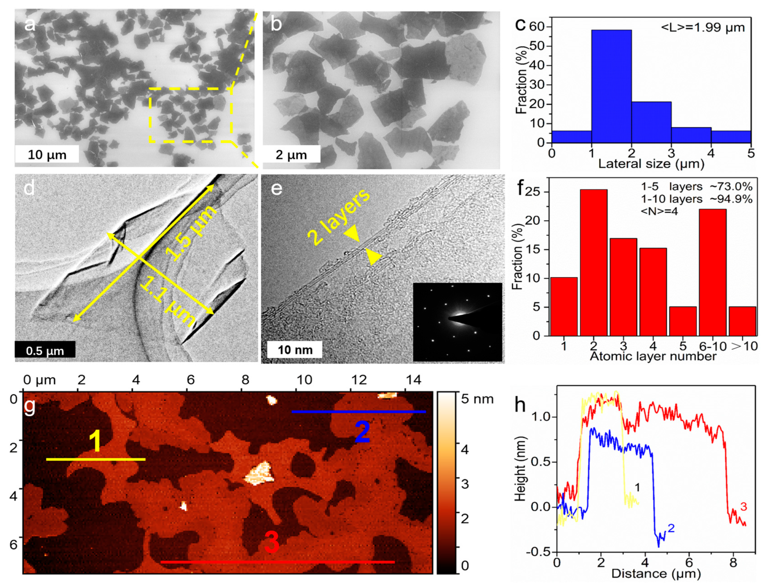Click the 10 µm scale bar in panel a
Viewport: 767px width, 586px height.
[x=47, y=154]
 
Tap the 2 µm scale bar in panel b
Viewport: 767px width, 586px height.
[x=291, y=154]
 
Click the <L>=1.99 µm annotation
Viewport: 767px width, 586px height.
[x=702, y=27]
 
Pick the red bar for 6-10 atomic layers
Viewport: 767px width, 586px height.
[x=713, y=272]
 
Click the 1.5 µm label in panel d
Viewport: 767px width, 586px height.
[x=191, y=233]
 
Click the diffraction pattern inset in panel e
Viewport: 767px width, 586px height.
[x=457, y=322]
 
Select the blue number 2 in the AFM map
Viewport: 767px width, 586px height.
[x=362, y=432]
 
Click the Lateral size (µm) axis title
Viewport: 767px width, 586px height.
[x=651, y=163]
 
